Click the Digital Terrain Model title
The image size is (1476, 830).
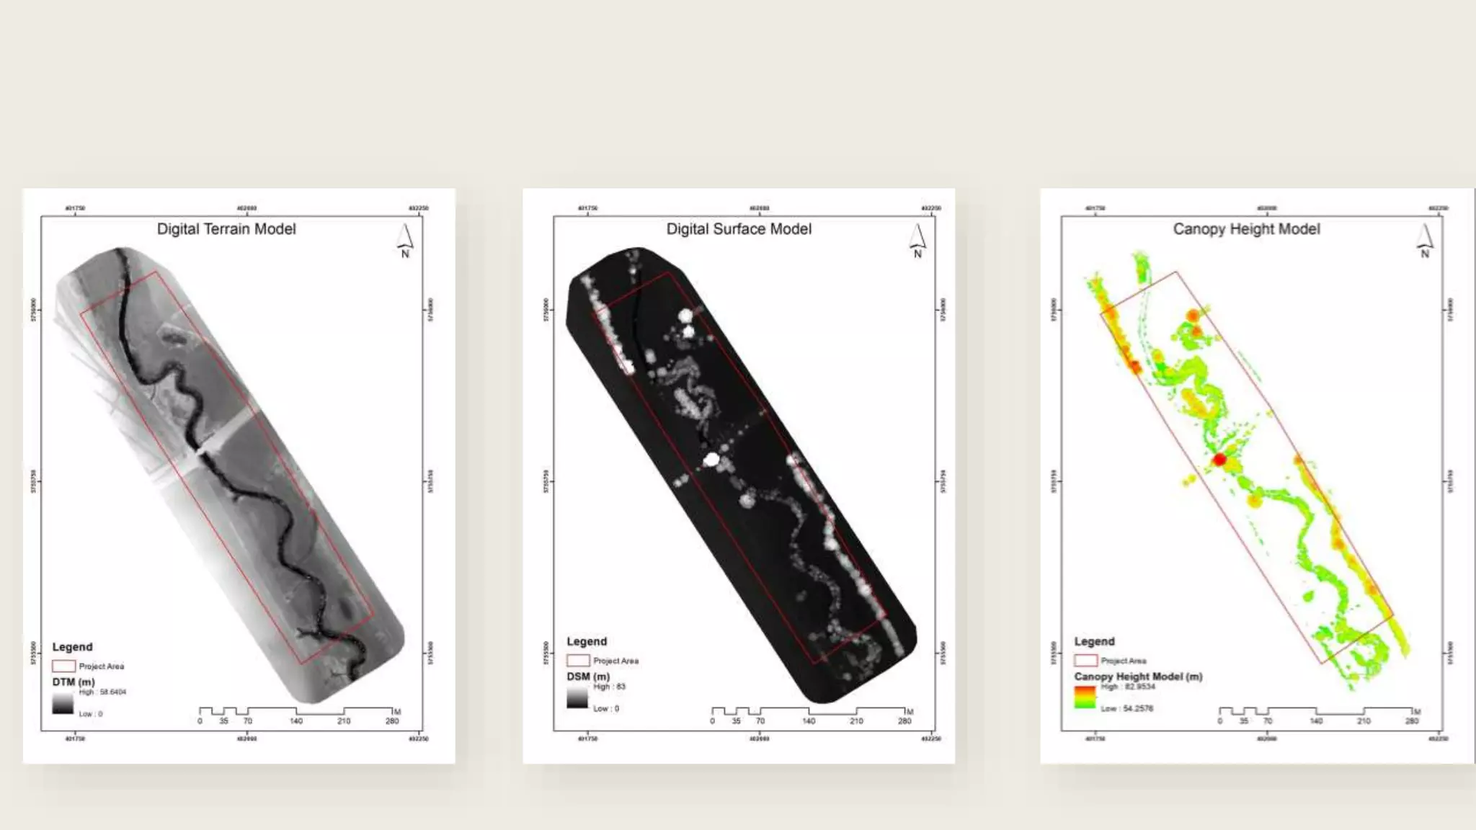point(226,229)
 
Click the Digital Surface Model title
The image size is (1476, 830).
point(739,229)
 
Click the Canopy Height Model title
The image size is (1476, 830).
point(1246,229)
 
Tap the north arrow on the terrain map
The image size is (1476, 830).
point(405,240)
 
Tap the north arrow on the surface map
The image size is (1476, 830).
point(917,240)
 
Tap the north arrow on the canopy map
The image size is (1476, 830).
point(1425,240)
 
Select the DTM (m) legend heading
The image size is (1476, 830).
point(74,682)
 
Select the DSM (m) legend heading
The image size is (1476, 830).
point(588,677)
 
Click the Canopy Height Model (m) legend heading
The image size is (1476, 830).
point(1138,677)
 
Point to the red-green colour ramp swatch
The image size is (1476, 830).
point(1085,697)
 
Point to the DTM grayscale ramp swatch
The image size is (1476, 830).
point(63,703)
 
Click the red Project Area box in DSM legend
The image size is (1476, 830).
point(577,661)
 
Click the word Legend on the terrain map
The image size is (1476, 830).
point(72,647)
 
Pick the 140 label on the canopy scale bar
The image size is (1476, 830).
point(1316,721)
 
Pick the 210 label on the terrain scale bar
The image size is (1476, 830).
point(344,721)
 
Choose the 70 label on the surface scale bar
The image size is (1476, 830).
point(760,721)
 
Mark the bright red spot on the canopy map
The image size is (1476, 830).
point(1219,460)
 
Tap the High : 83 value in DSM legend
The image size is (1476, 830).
point(610,687)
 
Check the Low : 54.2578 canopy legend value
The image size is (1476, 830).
point(1127,709)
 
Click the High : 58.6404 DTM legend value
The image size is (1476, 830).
point(102,692)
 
